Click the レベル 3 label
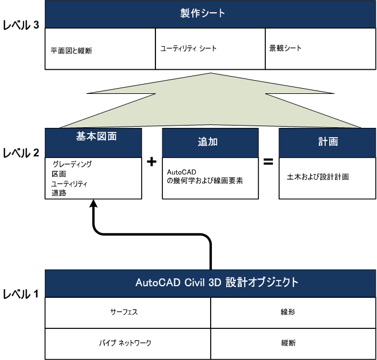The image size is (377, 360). tap(21, 25)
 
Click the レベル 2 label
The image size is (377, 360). tap(21, 153)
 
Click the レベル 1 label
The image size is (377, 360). tap(21, 294)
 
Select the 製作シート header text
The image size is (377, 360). tap(203, 13)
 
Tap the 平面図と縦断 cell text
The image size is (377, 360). tap(71, 51)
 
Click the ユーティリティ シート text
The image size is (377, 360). tap(189, 48)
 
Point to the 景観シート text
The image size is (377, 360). tap(285, 48)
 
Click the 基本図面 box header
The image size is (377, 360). tap(93, 143)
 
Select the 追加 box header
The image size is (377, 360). tap(211, 143)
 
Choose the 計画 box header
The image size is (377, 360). tap(328, 143)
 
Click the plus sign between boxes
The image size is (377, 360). tap(151, 161)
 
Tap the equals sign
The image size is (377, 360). tap(268, 161)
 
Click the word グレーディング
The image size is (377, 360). tap(72, 164)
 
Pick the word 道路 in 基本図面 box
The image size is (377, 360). tap(59, 193)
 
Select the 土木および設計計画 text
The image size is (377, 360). tap(318, 177)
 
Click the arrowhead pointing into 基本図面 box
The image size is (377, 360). tap(93, 203)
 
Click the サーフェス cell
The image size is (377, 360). tap(128, 313)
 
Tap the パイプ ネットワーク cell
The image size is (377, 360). tap(128, 344)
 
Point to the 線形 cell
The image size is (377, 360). tap(293, 313)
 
